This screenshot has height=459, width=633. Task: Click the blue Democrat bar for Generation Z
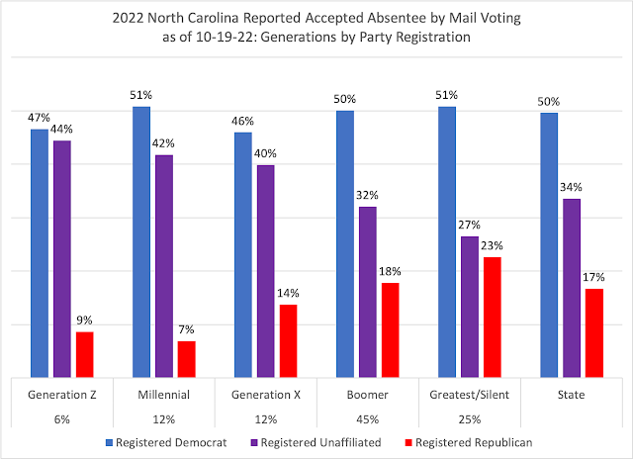[x=39, y=252]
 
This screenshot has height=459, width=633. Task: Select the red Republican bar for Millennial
[x=186, y=358]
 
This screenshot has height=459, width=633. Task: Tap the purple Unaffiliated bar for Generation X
[x=265, y=270]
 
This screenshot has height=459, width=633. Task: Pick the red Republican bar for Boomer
[x=390, y=328]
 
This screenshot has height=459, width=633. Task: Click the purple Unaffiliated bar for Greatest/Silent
[x=470, y=306]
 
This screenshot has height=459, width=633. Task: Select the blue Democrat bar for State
[x=548, y=244]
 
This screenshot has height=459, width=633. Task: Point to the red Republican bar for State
[x=594, y=331]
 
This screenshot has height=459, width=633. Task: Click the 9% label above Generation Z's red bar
[x=85, y=321]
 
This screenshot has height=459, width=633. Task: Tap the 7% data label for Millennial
[x=186, y=329]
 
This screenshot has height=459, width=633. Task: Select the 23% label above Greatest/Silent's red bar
[x=492, y=245]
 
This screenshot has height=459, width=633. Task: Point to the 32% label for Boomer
[x=367, y=195]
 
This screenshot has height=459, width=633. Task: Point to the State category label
[x=571, y=396]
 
